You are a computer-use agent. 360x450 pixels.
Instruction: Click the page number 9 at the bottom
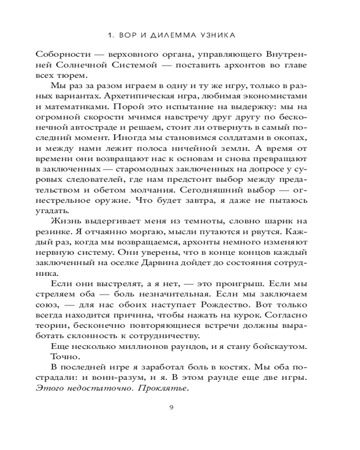[171, 408]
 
